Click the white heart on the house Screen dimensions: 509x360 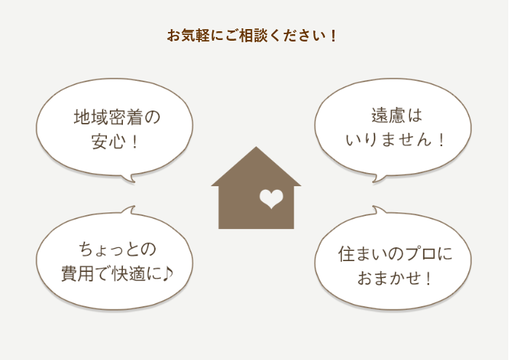[x=271, y=199]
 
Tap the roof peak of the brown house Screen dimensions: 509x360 [x=256, y=147]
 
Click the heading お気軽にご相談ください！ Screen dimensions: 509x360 [x=252, y=36]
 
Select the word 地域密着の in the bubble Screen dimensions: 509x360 [x=117, y=117]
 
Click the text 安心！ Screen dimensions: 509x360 [x=115, y=142]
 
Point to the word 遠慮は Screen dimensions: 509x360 [x=397, y=115]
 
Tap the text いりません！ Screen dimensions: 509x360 [x=394, y=140]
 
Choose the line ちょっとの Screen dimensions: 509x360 [x=118, y=249]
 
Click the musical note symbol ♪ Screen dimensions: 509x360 [x=167, y=273]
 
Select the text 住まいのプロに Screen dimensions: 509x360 [x=395, y=254]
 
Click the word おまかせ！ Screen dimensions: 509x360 [x=394, y=279]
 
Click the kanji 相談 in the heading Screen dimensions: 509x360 [x=253, y=36]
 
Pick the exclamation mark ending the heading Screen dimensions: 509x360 [x=333, y=36]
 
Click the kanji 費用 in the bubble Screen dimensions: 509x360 [x=78, y=273]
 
